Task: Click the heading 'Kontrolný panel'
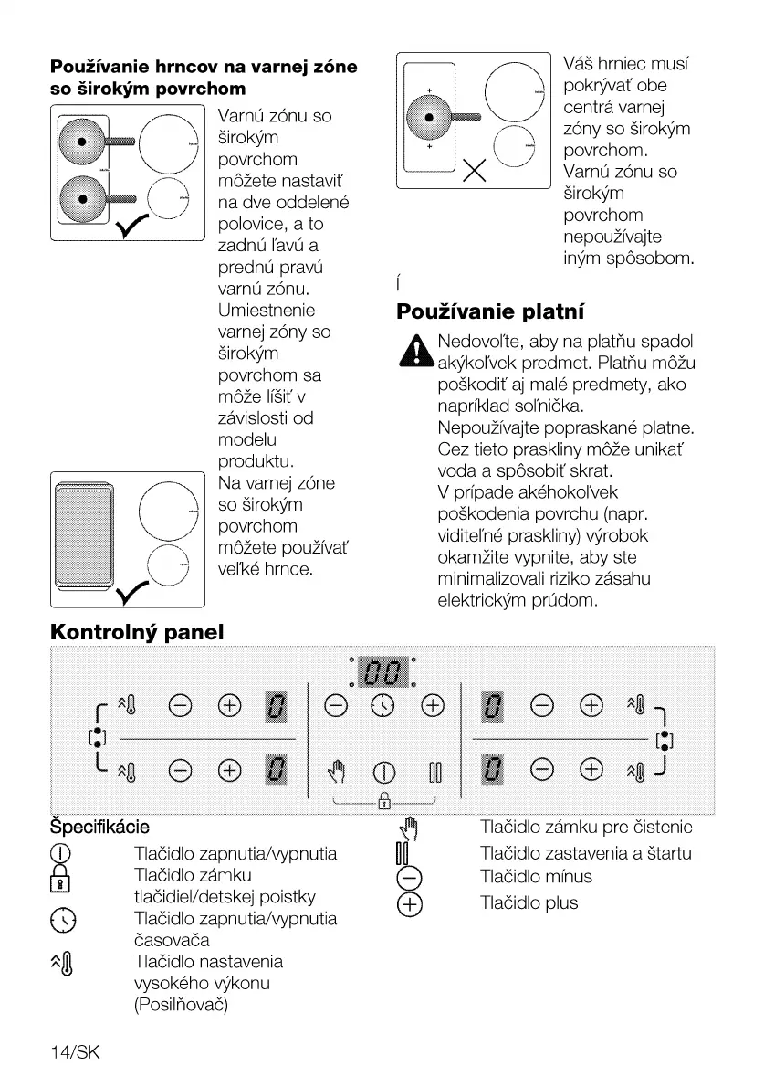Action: (x=137, y=631)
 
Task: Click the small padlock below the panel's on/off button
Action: (x=383, y=802)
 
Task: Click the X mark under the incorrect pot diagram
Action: (x=473, y=170)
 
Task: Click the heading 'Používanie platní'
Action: (x=490, y=311)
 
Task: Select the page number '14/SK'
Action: (x=74, y=1052)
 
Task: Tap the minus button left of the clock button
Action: (x=336, y=704)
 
